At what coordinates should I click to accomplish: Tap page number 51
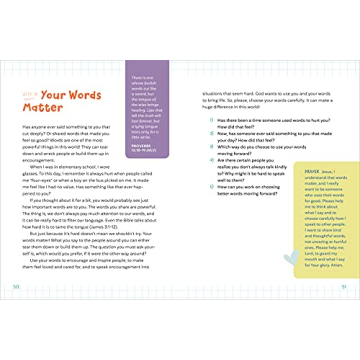pyautogui.click(x=345, y=286)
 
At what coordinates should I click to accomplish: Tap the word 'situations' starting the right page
pyautogui.click(x=205, y=90)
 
